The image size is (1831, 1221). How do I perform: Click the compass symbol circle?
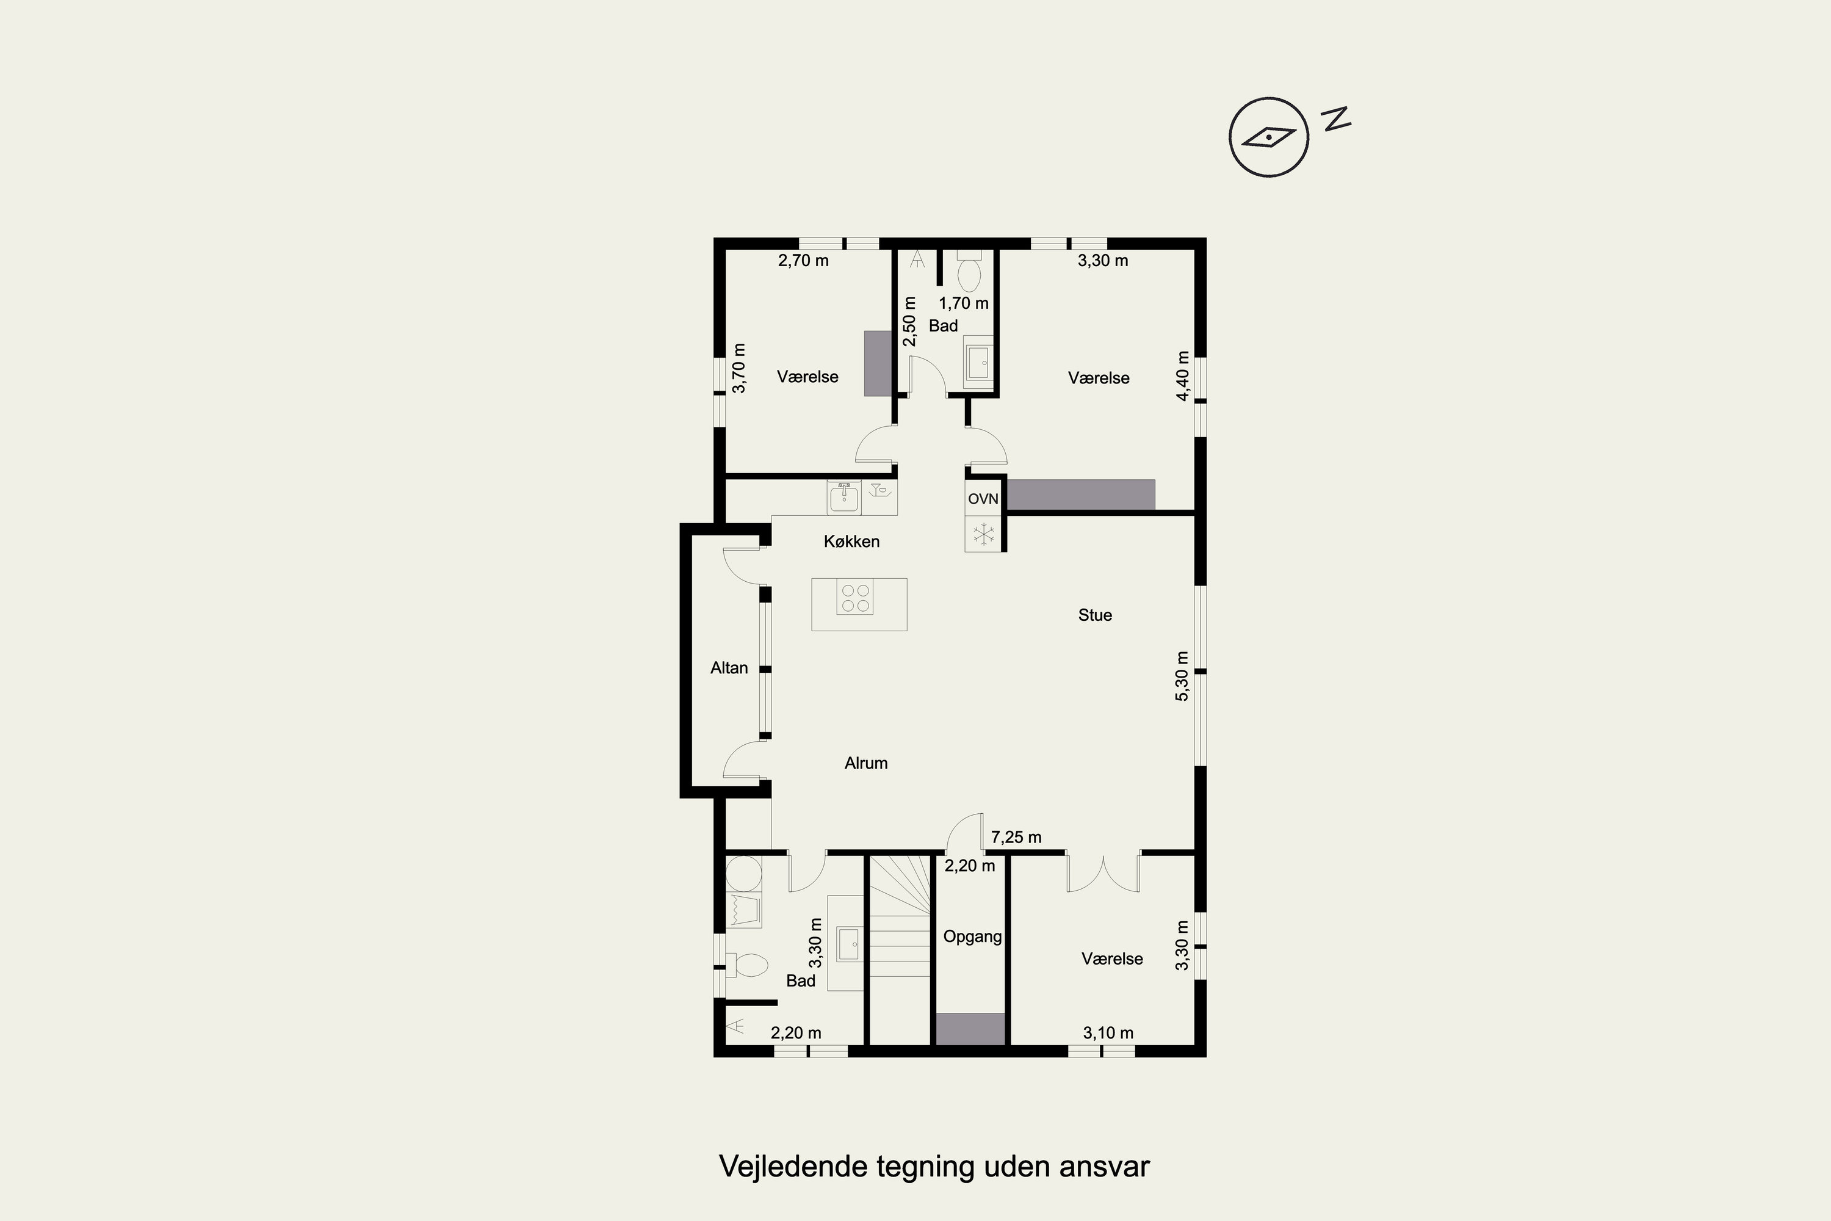tap(1268, 137)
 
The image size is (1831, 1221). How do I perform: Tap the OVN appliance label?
tap(983, 498)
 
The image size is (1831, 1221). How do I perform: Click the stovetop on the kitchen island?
tap(855, 596)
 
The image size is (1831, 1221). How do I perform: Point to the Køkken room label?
tap(851, 541)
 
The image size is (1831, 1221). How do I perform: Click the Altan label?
tap(729, 667)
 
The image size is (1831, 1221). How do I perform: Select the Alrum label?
tap(865, 763)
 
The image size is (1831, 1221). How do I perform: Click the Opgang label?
tap(972, 937)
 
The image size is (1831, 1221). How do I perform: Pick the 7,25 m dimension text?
tap(1016, 837)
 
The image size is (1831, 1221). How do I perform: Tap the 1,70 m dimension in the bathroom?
tap(964, 303)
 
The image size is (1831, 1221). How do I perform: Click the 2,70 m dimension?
tap(803, 260)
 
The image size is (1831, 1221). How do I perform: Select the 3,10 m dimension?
tap(1108, 1032)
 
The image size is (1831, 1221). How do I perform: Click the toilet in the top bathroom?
tap(969, 270)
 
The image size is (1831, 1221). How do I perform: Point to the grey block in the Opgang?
tap(970, 1029)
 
